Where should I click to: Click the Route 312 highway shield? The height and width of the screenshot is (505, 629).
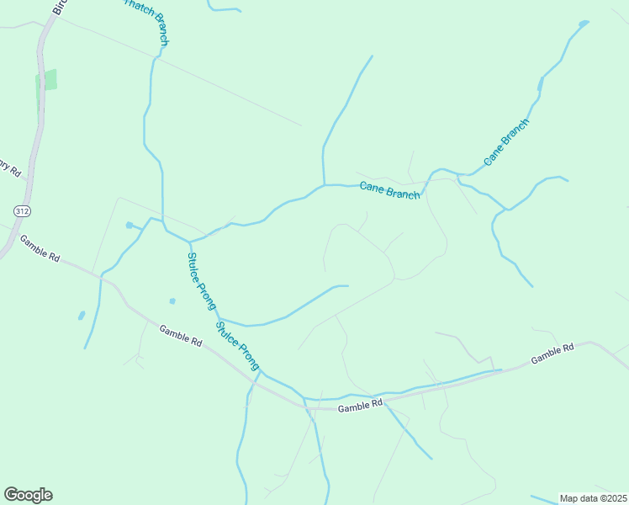(21, 208)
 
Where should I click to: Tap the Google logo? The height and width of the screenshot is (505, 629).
(28, 495)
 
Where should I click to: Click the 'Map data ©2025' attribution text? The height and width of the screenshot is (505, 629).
(593, 498)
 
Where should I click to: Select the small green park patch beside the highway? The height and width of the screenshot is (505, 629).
(47, 81)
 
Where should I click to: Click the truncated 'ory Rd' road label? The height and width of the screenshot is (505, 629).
(9, 166)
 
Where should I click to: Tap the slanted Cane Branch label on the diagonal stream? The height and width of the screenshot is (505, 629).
(506, 141)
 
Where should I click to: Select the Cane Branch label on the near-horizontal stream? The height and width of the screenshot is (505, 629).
(389, 190)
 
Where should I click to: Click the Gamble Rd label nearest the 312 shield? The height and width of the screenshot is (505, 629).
(40, 248)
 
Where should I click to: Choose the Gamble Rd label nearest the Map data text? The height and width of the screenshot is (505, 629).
(552, 353)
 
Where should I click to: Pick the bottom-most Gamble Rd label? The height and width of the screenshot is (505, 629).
(360, 407)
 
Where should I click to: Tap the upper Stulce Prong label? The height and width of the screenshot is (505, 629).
(202, 282)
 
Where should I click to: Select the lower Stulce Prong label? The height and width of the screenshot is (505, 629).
(237, 346)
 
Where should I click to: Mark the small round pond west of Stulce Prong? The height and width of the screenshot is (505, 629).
(172, 300)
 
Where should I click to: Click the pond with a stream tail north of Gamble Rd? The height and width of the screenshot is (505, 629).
(129, 225)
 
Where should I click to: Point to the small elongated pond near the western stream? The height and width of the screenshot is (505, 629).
(82, 316)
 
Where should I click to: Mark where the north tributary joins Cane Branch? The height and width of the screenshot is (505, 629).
(324, 184)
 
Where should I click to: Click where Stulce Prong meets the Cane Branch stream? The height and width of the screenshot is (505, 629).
(191, 241)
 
